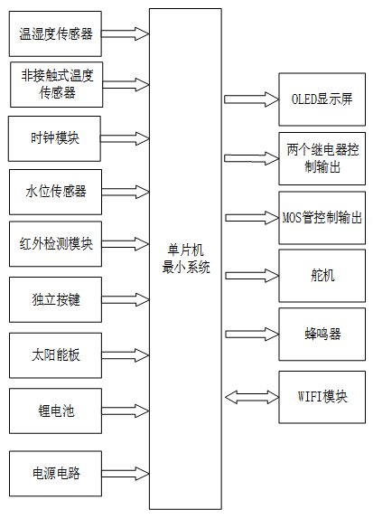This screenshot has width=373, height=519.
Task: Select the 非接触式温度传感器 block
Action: (x=55, y=84)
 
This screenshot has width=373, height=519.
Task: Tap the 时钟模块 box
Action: (x=54, y=138)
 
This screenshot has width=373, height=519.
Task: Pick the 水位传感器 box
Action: (x=54, y=191)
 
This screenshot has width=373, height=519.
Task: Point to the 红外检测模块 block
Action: (x=54, y=243)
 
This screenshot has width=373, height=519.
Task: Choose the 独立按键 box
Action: (x=54, y=299)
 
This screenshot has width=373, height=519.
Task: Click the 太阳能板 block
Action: (x=54, y=354)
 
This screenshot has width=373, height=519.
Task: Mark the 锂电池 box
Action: (x=54, y=410)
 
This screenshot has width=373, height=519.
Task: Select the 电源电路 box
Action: (x=54, y=472)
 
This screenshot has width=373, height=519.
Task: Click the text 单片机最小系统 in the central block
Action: (x=185, y=259)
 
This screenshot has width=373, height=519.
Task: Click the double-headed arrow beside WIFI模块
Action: (x=249, y=396)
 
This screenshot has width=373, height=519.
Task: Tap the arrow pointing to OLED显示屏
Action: (x=249, y=98)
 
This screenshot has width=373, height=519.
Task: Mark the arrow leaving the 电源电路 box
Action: (x=124, y=472)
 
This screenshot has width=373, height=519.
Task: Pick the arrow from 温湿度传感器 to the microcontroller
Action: (x=124, y=33)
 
